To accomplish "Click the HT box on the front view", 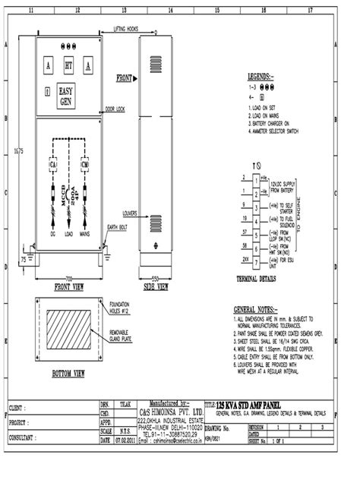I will coord(69,67).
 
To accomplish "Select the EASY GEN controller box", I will coord(68,97).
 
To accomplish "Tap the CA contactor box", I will coord(53,164).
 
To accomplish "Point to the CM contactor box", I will coord(85,164).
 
